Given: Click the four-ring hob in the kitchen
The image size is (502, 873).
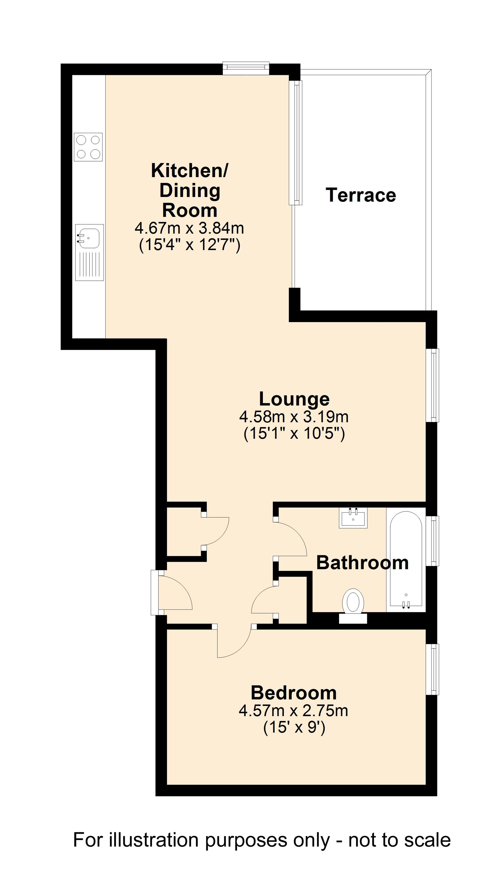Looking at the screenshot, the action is tap(88, 147).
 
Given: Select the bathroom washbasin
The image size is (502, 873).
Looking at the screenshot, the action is tap(353, 518).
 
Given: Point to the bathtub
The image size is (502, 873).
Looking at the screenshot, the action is tap(406, 559).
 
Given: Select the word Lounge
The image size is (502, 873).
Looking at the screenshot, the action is tap(294, 399).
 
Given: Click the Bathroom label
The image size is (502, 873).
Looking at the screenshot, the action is tap(362, 563).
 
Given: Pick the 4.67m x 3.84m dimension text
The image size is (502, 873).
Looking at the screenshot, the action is tap(189, 228).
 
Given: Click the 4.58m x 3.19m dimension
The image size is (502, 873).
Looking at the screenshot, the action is tap(294, 417).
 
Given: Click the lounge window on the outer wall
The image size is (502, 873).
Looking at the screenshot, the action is tap(433, 385).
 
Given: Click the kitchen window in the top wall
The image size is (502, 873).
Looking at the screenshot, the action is tap(246, 68).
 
